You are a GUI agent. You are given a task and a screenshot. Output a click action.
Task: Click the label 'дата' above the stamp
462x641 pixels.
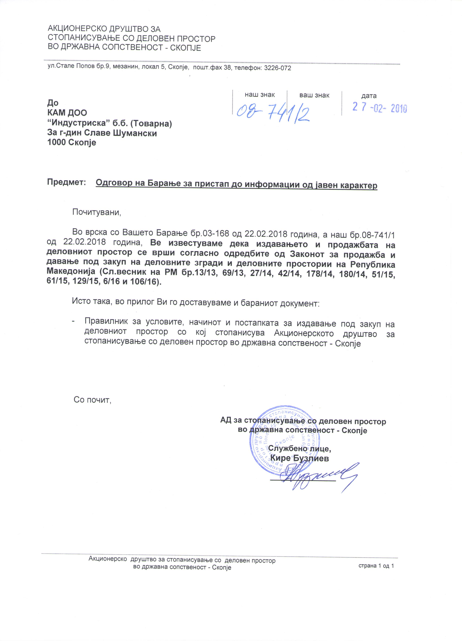[x=369, y=96]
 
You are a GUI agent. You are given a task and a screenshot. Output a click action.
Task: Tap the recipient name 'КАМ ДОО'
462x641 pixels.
[x=67, y=113]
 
